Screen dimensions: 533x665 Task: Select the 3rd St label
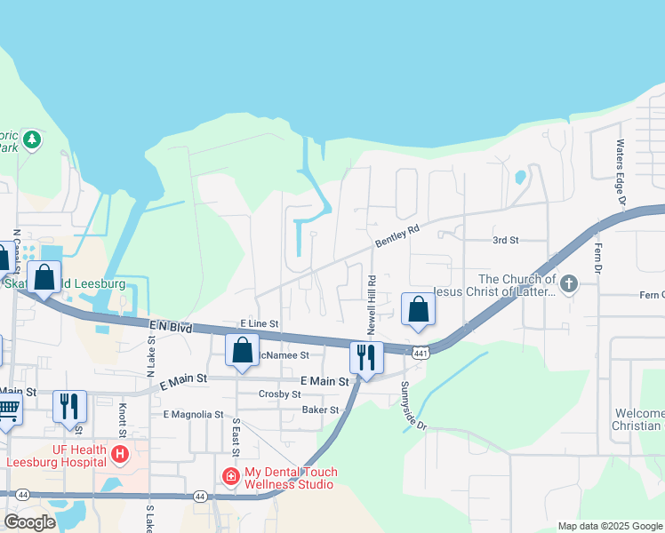(505, 240)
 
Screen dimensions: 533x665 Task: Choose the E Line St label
(260, 324)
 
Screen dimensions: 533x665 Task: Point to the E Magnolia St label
(193, 414)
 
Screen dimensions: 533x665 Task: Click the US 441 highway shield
(421, 353)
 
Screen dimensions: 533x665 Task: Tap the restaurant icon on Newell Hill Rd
(366, 357)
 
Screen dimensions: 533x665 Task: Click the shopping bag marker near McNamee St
(242, 350)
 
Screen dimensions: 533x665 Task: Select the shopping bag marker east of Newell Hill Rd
(418, 309)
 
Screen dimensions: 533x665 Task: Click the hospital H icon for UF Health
(120, 455)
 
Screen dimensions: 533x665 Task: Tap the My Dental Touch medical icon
(231, 477)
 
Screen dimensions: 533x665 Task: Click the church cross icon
(568, 285)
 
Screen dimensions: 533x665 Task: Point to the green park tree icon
(33, 139)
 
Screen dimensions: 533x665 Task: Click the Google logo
(30, 522)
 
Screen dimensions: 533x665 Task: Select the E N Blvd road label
(170, 328)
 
